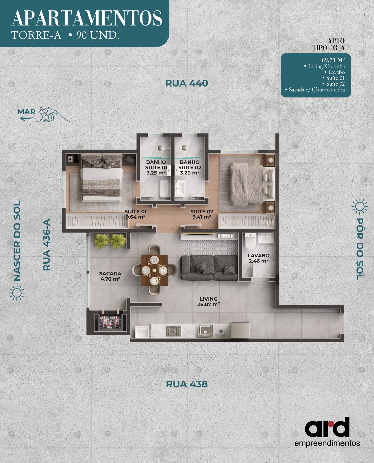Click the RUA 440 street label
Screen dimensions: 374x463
click(x=187, y=83)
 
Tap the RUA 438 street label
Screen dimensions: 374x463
click(x=187, y=384)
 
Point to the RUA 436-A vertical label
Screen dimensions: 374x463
click(x=47, y=245)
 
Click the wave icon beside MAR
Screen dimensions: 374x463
click(x=53, y=115)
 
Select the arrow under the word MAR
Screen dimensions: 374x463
click(x=27, y=118)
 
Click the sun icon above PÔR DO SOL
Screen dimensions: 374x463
click(x=360, y=206)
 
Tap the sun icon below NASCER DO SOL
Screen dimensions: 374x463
click(x=17, y=293)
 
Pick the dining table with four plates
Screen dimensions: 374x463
click(x=154, y=270)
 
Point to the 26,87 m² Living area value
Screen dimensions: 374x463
click(x=208, y=304)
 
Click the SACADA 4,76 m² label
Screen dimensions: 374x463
click(x=110, y=276)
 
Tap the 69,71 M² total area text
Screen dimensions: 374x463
click(x=333, y=60)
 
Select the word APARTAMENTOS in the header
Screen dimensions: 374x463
click(x=87, y=19)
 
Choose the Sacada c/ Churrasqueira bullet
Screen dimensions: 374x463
click(x=315, y=90)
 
